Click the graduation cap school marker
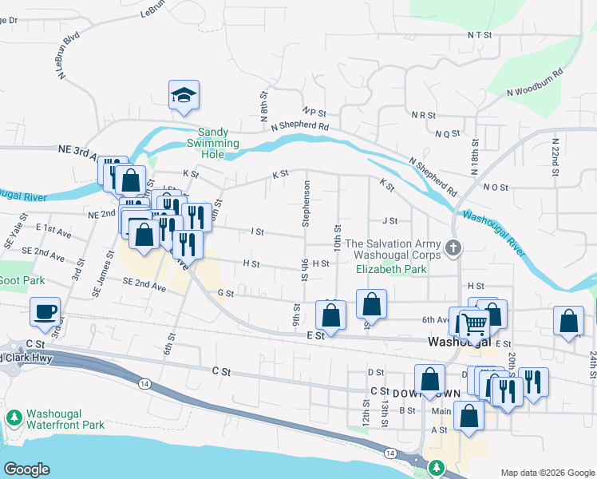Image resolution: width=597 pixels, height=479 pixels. point(184,96)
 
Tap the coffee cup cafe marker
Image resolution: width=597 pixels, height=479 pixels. point(45,311)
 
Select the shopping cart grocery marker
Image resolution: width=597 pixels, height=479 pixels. point(473,323)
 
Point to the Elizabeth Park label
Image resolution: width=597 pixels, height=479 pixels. point(391,270)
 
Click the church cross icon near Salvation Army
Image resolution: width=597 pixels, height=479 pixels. point(454,247)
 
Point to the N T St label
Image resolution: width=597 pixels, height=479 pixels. point(481,35)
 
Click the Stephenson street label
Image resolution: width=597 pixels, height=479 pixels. point(306,204)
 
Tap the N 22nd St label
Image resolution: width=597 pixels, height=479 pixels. point(555,156)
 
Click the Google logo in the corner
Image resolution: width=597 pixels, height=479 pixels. point(26,469)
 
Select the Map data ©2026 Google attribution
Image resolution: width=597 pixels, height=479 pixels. point(547,473)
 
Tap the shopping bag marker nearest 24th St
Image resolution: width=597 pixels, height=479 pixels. point(567,321)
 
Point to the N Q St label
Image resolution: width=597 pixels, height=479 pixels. point(449,134)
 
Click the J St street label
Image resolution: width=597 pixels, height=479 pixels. point(389,221)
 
